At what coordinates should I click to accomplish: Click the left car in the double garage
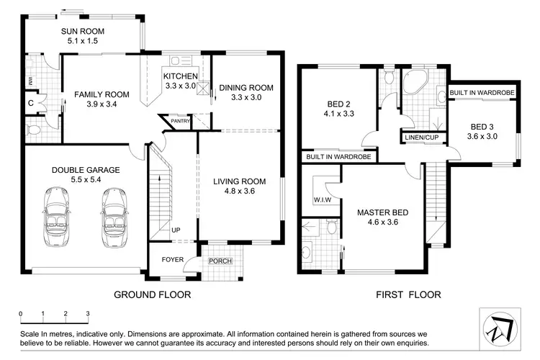point(58,218)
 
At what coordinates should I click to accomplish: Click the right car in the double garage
point(114,218)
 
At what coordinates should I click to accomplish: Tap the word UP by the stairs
point(176,230)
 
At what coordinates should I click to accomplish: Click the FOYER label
point(172,259)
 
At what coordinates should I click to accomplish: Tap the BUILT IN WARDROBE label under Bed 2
point(338,156)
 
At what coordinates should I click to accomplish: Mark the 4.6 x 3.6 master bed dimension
point(383,222)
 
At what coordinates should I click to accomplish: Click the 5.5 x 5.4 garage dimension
point(85,180)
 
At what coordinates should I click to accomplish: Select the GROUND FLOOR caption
point(153,294)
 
